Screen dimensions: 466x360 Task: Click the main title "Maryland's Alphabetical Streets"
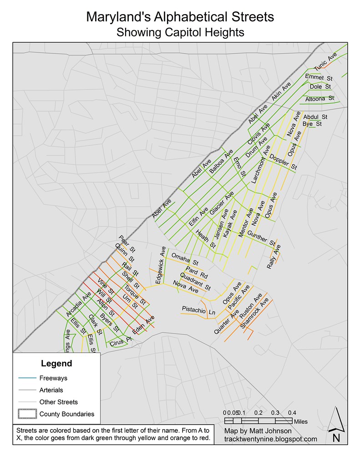(x=180, y=17)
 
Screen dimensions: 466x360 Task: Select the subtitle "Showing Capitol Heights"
(x=180, y=32)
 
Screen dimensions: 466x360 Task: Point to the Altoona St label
(x=319, y=98)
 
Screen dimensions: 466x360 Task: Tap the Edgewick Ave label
(x=160, y=266)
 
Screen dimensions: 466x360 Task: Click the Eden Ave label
(x=143, y=324)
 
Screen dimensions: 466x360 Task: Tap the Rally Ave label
(x=274, y=257)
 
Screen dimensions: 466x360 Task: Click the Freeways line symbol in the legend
(x=26, y=378)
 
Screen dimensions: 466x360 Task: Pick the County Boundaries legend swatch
(x=26, y=414)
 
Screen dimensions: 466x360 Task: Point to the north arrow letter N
(x=336, y=438)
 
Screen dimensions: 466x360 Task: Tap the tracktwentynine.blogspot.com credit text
(x=270, y=439)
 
